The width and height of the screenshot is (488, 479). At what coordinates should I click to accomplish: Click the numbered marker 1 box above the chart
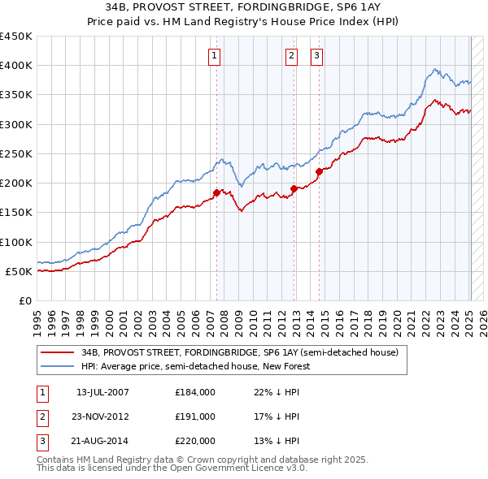(214, 56)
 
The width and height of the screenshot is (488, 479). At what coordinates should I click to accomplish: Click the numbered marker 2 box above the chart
(291, 56)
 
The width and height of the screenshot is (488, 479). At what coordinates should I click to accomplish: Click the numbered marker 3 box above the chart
(316, 56)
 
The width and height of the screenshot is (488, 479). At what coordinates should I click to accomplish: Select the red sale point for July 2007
(216, 192)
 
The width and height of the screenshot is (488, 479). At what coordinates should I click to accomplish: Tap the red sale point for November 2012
(294, 188)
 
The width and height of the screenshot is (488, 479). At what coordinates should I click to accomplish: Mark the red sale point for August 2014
(319, 171)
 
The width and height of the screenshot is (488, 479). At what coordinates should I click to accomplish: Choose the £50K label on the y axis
(19, 271)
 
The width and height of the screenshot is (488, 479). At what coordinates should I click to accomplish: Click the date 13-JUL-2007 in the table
(102, 393)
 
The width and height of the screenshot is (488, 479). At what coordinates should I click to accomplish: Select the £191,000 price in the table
(195, 416)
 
